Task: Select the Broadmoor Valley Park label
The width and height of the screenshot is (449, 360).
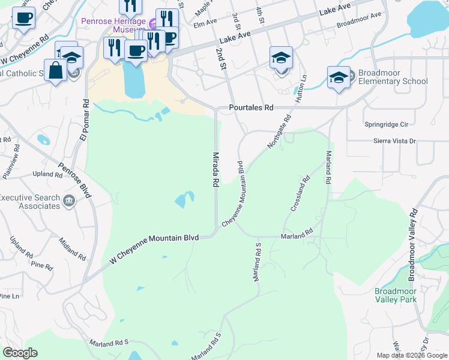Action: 396,295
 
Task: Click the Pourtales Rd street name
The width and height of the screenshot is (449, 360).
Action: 251,108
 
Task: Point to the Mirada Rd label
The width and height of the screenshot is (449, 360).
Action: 215,170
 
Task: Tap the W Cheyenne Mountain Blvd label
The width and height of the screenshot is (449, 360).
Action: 154,249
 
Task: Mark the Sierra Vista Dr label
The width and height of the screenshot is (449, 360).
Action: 390,141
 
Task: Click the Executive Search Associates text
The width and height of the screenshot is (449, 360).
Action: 30,202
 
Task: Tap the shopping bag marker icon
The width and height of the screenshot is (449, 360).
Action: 55,70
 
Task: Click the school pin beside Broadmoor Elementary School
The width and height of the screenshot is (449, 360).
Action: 339,77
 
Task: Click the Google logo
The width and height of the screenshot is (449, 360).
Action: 20,353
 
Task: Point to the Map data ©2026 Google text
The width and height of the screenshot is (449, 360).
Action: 412,355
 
